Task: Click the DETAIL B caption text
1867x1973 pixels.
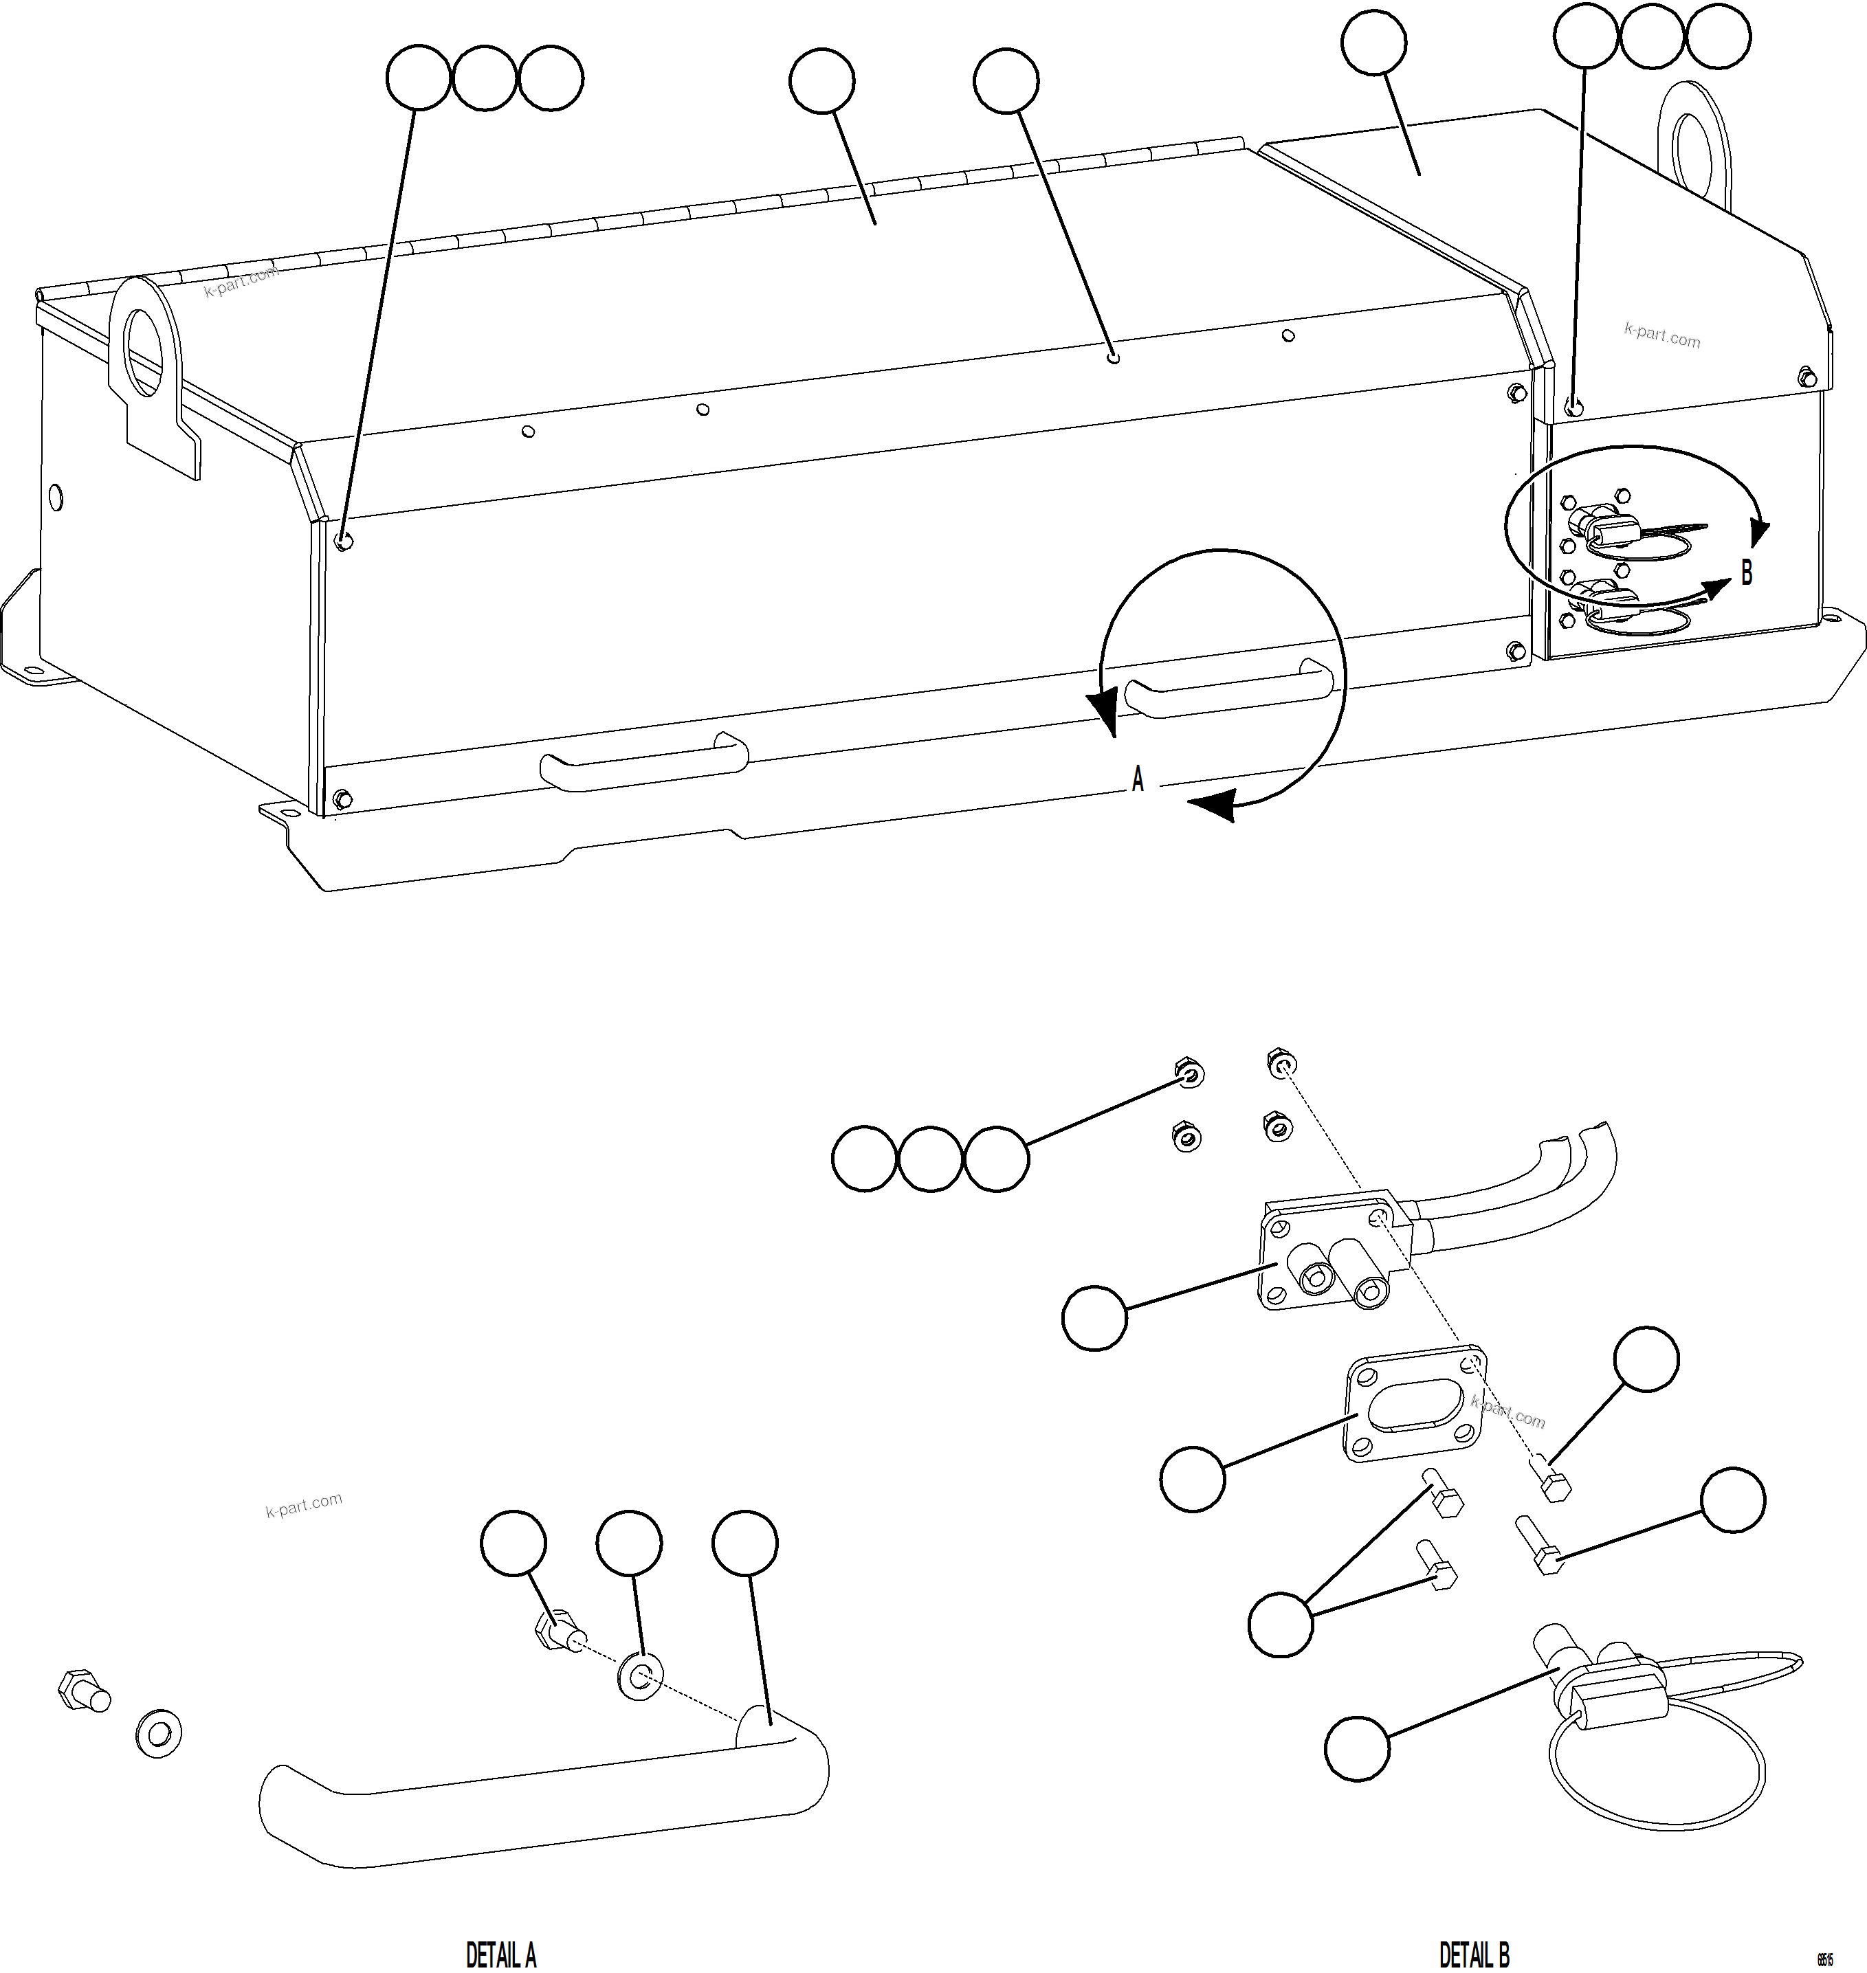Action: (x=1474, y=1954)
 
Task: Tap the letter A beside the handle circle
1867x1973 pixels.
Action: (x=1138, y=780)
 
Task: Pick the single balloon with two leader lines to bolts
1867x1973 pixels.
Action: (x=1280, y=1624)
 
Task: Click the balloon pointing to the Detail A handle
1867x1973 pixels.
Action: (x=745, y=1543)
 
